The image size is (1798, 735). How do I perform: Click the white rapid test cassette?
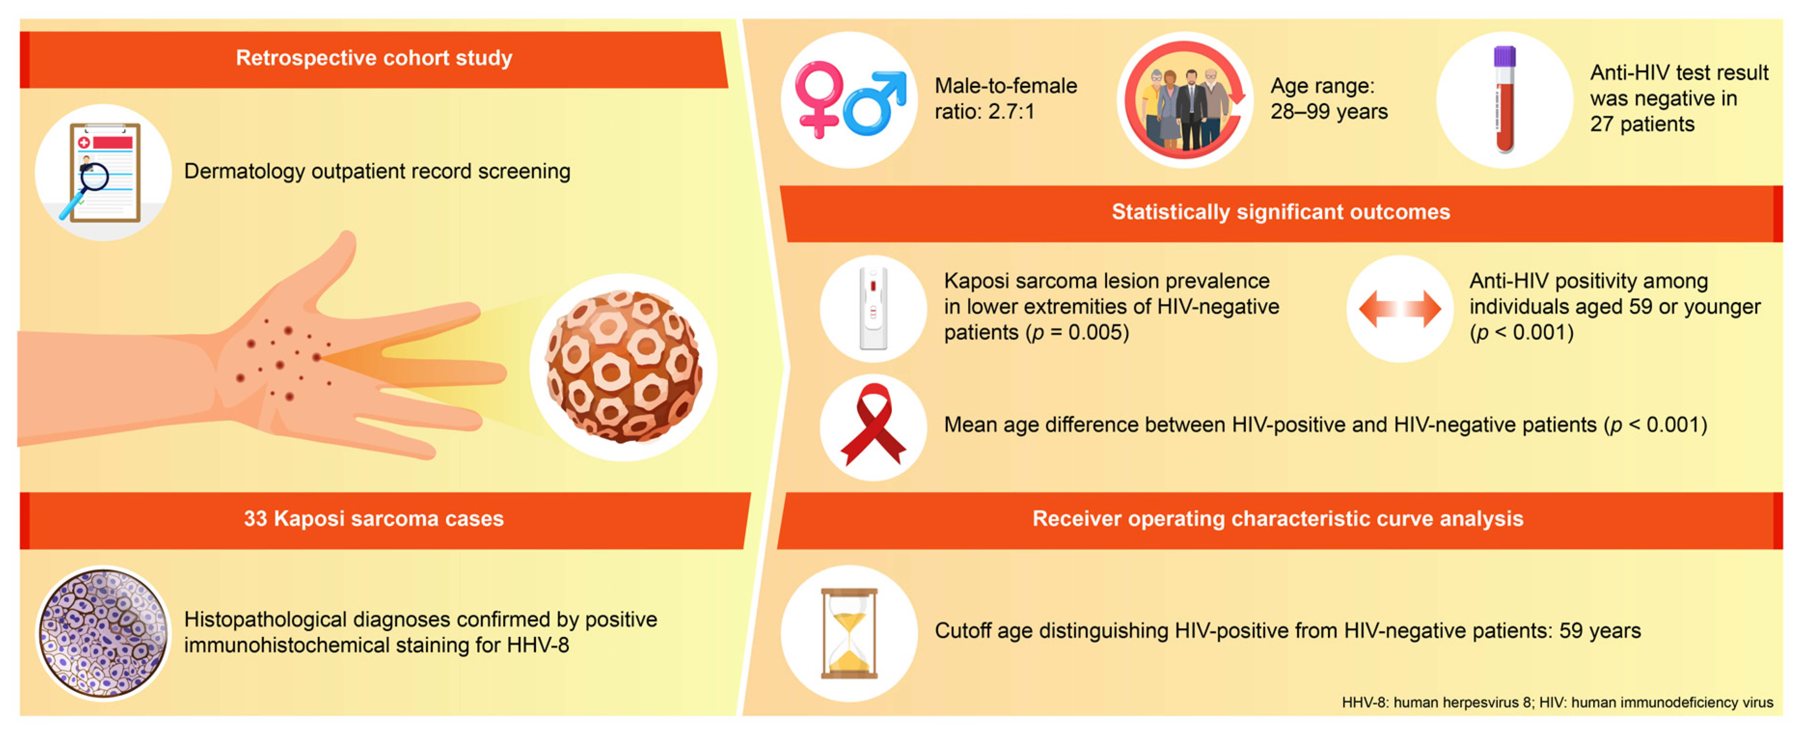pos(873,309)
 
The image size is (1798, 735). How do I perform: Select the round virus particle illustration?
pos(623,366)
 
